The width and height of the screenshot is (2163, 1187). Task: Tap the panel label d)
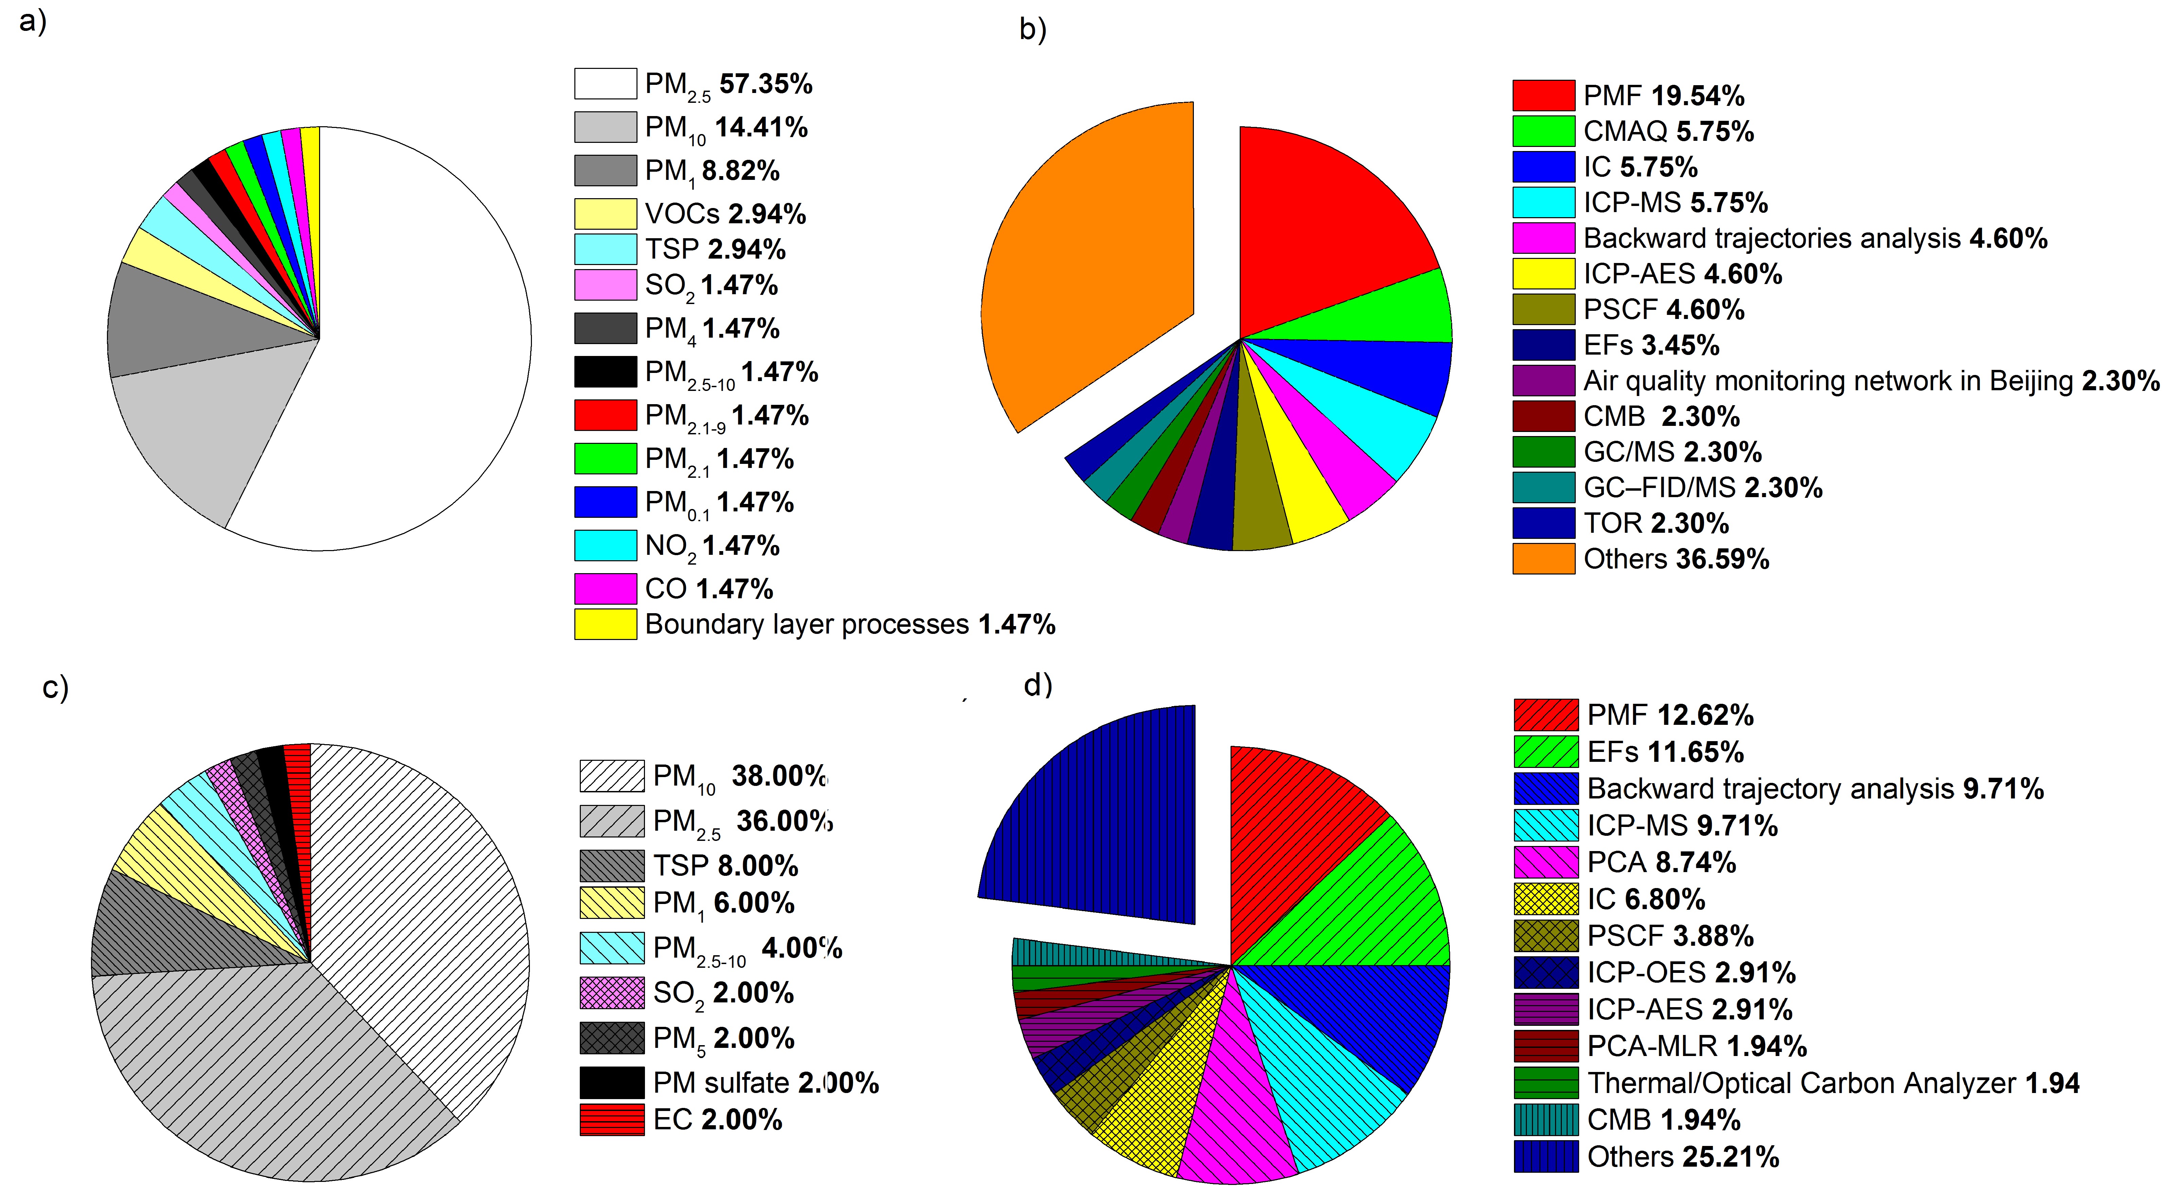coord(1038,685)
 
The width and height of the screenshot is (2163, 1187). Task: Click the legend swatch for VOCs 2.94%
coord(605,213)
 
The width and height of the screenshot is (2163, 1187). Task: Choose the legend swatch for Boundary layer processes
coord(605,624)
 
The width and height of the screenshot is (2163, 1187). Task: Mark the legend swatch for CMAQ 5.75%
coord(1543,131)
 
